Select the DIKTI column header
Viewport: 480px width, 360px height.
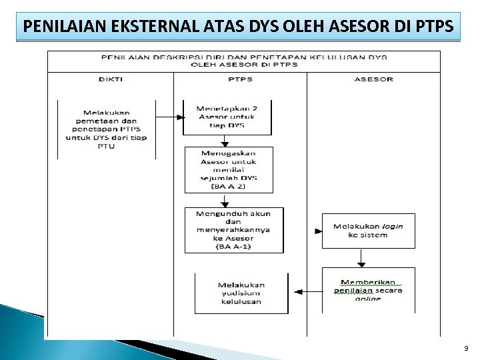tap(110, 79)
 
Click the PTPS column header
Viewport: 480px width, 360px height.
tap(240, 79)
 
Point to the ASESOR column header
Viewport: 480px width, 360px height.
tap(373, 79)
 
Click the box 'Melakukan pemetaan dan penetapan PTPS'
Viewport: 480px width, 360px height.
tap(107, 129)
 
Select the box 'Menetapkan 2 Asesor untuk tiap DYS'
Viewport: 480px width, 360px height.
tap(227, 117)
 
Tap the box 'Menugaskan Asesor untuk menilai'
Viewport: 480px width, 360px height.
tap(229, 169)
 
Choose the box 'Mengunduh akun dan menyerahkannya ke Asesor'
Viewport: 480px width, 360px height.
tap(233, 230)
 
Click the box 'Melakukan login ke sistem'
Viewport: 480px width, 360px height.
tap(368, 231)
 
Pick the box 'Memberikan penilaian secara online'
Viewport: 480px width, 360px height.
tap(368, 290)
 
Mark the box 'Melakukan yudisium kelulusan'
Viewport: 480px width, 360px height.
tap(241, 293)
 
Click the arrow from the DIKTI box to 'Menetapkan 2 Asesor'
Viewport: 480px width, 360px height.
tap(169, 117)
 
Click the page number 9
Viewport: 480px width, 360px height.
tap(466, 349)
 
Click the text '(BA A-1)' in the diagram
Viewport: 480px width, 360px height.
tap(233, 247)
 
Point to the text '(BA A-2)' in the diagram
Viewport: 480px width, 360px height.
tap(229, 187)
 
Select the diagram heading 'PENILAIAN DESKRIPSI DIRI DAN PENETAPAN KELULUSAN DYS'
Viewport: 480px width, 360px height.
tap(243, 57)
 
